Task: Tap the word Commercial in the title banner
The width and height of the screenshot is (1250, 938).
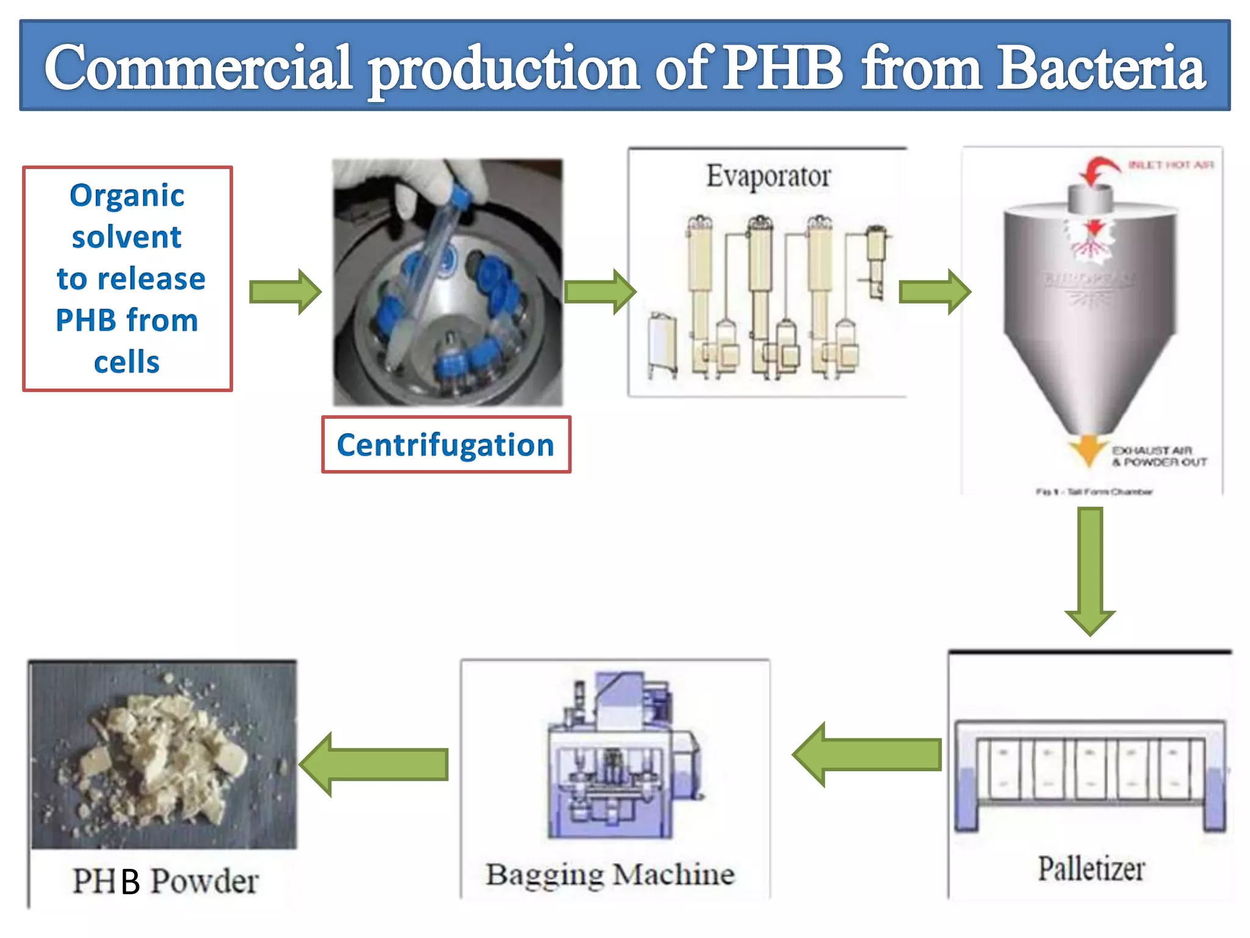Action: [x=198, y=68]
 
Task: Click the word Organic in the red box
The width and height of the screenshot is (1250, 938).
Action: [x=127, y=196]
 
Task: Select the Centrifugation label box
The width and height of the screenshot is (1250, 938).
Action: [x=446, y=445]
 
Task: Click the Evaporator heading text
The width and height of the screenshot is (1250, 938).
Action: [x=768, y=176]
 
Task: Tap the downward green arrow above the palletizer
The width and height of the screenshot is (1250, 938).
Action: [x=1090, y=571]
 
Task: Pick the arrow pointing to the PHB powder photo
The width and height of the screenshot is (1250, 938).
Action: [x=375, y=765]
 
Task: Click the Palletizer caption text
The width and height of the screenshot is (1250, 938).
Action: [x=1091, y=869]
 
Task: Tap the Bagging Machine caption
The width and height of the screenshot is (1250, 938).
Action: [x=610, y=874]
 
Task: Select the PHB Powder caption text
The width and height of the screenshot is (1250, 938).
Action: [x=165, y=881]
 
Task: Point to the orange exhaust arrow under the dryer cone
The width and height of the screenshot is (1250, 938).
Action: [x=1089, y=450]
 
